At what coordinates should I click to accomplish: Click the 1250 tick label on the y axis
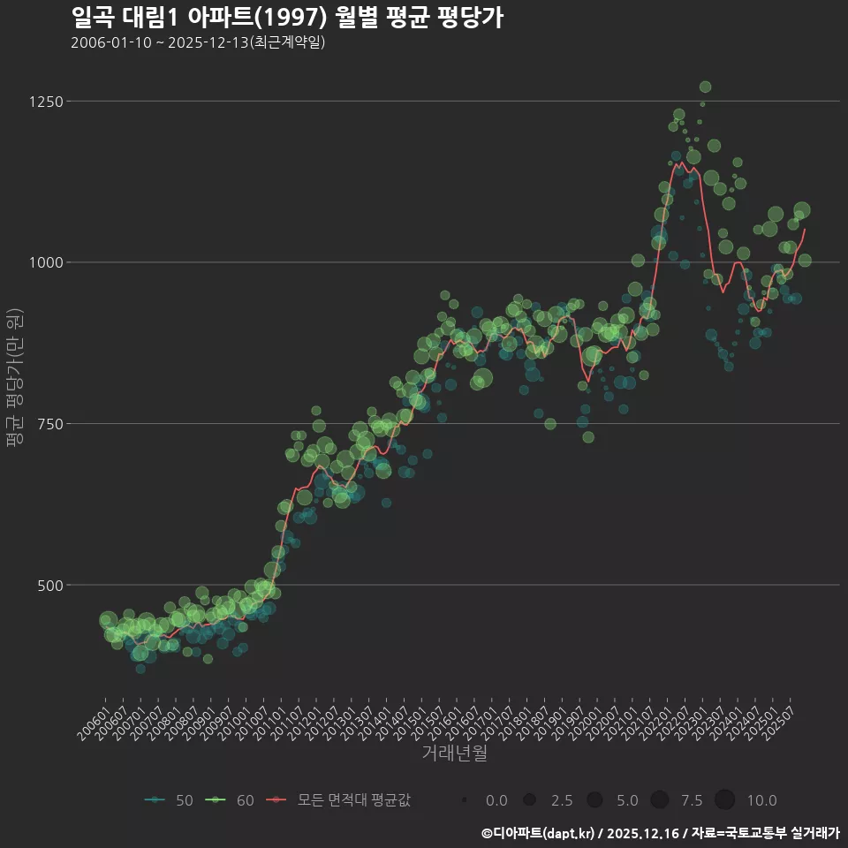(x=72, y=102)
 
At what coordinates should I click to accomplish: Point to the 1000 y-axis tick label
(x=72, y=262)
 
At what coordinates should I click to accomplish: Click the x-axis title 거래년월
(x=454, y=753)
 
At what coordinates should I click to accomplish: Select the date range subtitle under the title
(x=198, y=42)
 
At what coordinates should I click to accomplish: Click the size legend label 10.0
(x=761, y=800)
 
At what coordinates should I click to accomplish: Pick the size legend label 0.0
(x=496, y=800)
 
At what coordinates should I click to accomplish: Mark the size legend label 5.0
(x=627, y=800)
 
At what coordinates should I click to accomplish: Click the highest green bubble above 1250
(x=705, y=87)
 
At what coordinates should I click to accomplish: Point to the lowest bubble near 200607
(x=140, y=669)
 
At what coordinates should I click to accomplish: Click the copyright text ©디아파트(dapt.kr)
(x=538, y=832)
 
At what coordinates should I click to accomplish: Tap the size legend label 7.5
(x=692, y=800)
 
